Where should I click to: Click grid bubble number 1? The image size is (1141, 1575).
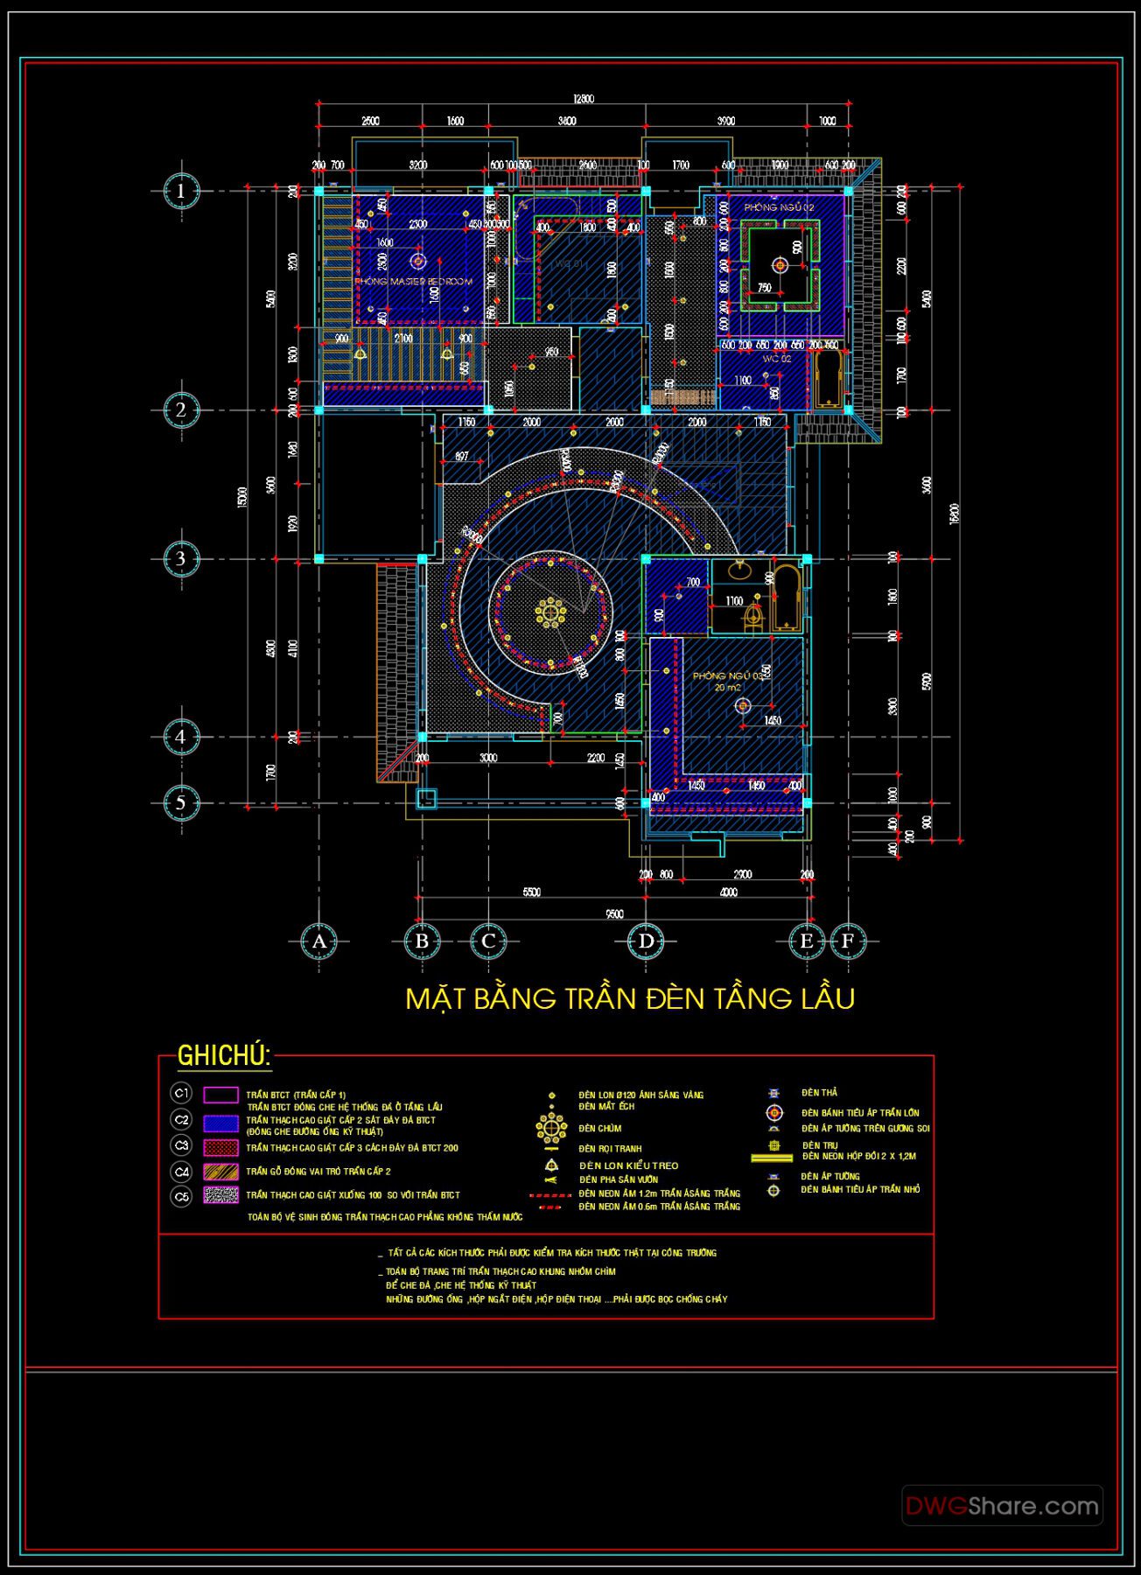click(x=181, y=191)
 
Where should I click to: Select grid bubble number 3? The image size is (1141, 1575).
click(x=181, y=558)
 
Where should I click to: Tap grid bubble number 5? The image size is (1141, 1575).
click(x=181, y=802)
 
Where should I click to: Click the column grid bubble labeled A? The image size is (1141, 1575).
click(x=318, y=941)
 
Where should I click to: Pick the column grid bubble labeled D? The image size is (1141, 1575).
click(x=646, y=941)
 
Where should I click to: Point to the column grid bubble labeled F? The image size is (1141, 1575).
click(x=847, y=941)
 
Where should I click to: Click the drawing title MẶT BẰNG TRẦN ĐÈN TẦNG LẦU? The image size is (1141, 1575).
click(x=630, y=998)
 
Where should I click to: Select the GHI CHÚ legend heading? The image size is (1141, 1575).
click(x=224, y=1056)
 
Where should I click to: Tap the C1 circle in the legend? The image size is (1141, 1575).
click(x=181, y=1094)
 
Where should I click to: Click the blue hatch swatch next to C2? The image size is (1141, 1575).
click(x=220, y=1123)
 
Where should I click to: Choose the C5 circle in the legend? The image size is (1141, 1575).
click(x=181, y=1196)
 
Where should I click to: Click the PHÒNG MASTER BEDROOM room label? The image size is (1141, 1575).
click(x=414, y=282)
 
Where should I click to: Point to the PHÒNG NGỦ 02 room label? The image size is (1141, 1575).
click(x=779, y=207)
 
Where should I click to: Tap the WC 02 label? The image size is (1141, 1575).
click(x=776, y=359)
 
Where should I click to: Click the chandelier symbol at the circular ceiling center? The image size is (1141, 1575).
click(x=550, y=612)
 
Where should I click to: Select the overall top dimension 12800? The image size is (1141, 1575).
click(x=583, y=99)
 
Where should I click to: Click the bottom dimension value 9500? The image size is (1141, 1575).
click(x=614, y=913)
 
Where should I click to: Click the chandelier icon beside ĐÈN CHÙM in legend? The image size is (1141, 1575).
click(x=551, y=1128)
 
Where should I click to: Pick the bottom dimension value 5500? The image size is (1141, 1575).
click(x=531, y=892)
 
